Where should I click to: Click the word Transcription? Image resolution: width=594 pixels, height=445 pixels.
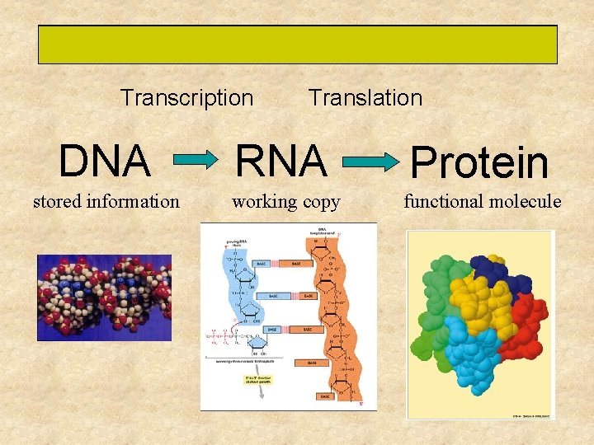[186, 98]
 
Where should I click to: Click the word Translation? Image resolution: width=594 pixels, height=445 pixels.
[365, 98]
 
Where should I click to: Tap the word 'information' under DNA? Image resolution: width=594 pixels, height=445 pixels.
[134, 201]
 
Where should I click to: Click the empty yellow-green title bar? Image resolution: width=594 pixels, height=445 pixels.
[297, 44]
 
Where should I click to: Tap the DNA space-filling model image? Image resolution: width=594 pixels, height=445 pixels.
[104, 297]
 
